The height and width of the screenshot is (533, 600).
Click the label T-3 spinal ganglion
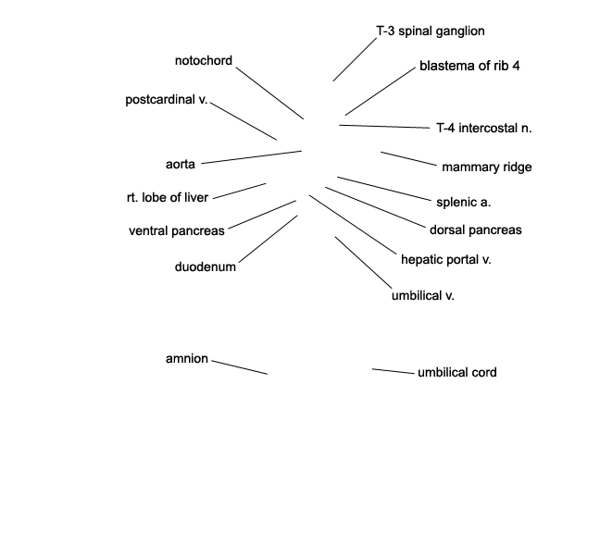tap(431, 31)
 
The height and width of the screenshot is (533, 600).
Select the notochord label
tap(203, 60)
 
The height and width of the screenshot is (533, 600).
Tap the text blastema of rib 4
tap(469, 66)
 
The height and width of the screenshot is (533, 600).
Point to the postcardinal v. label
tap(167, 99)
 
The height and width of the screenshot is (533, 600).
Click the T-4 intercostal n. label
tap(484, 128)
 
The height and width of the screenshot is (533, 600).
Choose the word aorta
tap(181, 165)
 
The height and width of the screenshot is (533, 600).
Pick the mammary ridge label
tap(487, 167)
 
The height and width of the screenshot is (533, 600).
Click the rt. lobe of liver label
tap(168, 197)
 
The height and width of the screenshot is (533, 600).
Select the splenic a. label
tap(463, 203)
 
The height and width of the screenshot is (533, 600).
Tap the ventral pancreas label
tap(177, 231)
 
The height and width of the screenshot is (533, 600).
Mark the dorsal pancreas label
tap(476, 229)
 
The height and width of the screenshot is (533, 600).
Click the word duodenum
tap(206, 266)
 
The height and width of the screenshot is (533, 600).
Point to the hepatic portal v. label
tap(445, 260)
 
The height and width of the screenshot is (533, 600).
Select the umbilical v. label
tap(423, 295)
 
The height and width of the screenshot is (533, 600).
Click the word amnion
tap(187, 359)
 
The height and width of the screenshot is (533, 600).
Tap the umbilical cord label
tap(457, 372)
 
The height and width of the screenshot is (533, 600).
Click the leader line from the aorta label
tap(252, 157)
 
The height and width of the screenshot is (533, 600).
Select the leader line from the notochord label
tap(269, 93)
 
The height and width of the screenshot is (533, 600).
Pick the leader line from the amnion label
tap(240, 367)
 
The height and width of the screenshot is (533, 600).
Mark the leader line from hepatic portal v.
tap(353, 225)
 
